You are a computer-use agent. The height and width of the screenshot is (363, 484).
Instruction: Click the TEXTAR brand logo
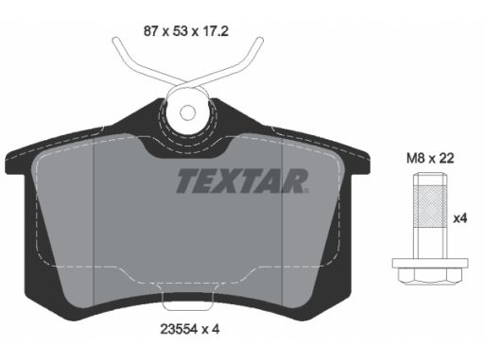pos(242,181)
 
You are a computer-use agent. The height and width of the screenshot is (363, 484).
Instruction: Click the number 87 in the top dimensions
pos(151,31)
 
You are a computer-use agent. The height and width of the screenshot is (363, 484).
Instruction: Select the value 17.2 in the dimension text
pos(216,31)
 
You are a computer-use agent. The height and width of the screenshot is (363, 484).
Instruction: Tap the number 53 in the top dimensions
pos(181,31)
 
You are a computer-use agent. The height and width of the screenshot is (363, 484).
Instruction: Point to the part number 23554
pos(179,329)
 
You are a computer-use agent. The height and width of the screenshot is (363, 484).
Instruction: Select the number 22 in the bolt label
pos(446,158)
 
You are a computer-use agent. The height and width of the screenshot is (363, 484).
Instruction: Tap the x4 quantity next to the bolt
pos(460,218)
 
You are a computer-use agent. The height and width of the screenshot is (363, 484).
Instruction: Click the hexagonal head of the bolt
pos(430,275)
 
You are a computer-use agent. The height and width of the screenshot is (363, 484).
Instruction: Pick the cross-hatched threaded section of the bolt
pos(430,207)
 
